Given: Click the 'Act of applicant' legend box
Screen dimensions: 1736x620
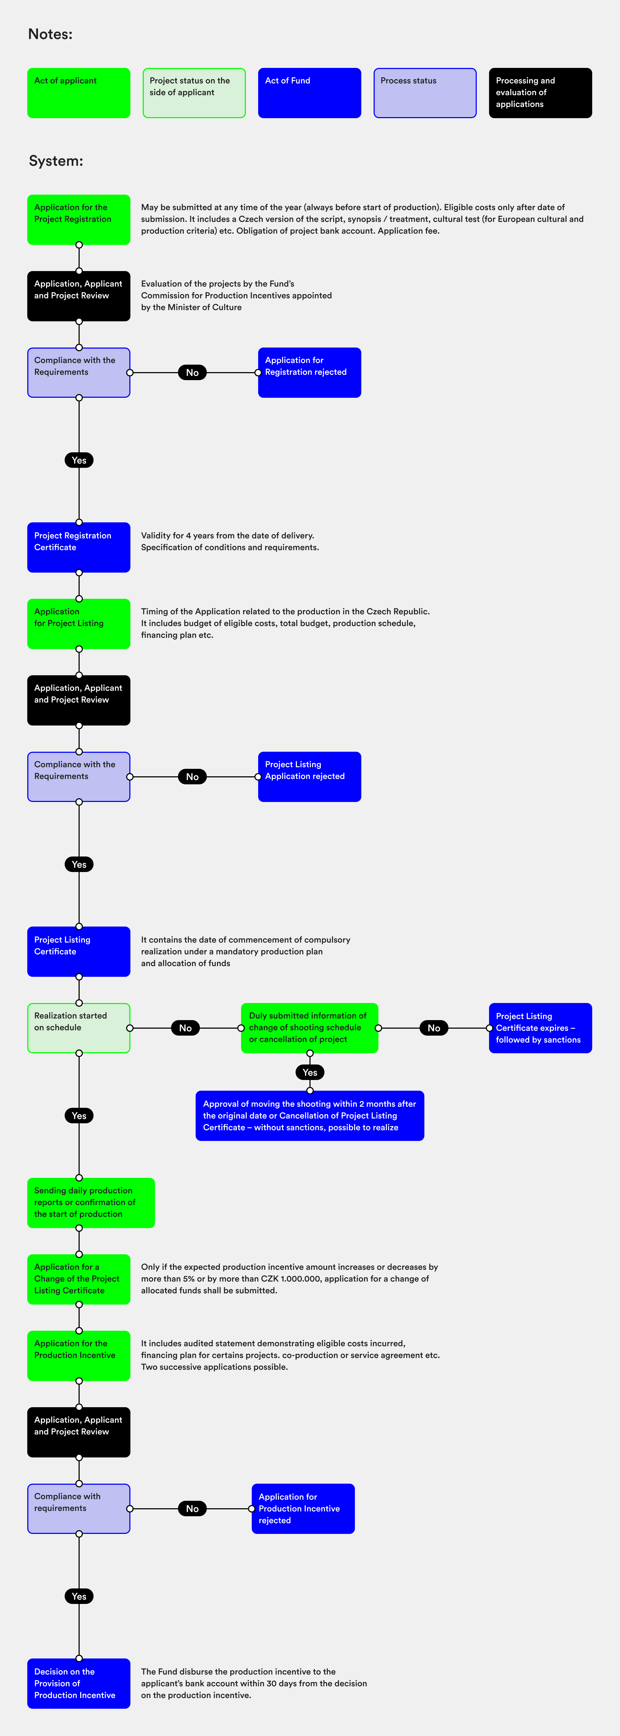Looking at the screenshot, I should coord(79,93).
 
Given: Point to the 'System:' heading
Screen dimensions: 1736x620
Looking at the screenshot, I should coord(56,161).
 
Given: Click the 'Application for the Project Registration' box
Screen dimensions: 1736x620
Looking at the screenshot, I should coord(79,220).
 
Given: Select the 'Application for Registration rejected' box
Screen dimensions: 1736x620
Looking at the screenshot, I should coord(309,373).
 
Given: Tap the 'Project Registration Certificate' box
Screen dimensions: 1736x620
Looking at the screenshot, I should coord(79,547).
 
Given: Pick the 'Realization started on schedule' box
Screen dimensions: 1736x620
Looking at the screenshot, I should coord(79,1028).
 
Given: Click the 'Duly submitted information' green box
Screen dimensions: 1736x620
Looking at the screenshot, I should coord(309,1028).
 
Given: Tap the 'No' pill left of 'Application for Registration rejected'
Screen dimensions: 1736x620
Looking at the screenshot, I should coord(192,373).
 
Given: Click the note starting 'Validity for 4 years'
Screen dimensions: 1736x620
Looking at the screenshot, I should coord(229,541).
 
